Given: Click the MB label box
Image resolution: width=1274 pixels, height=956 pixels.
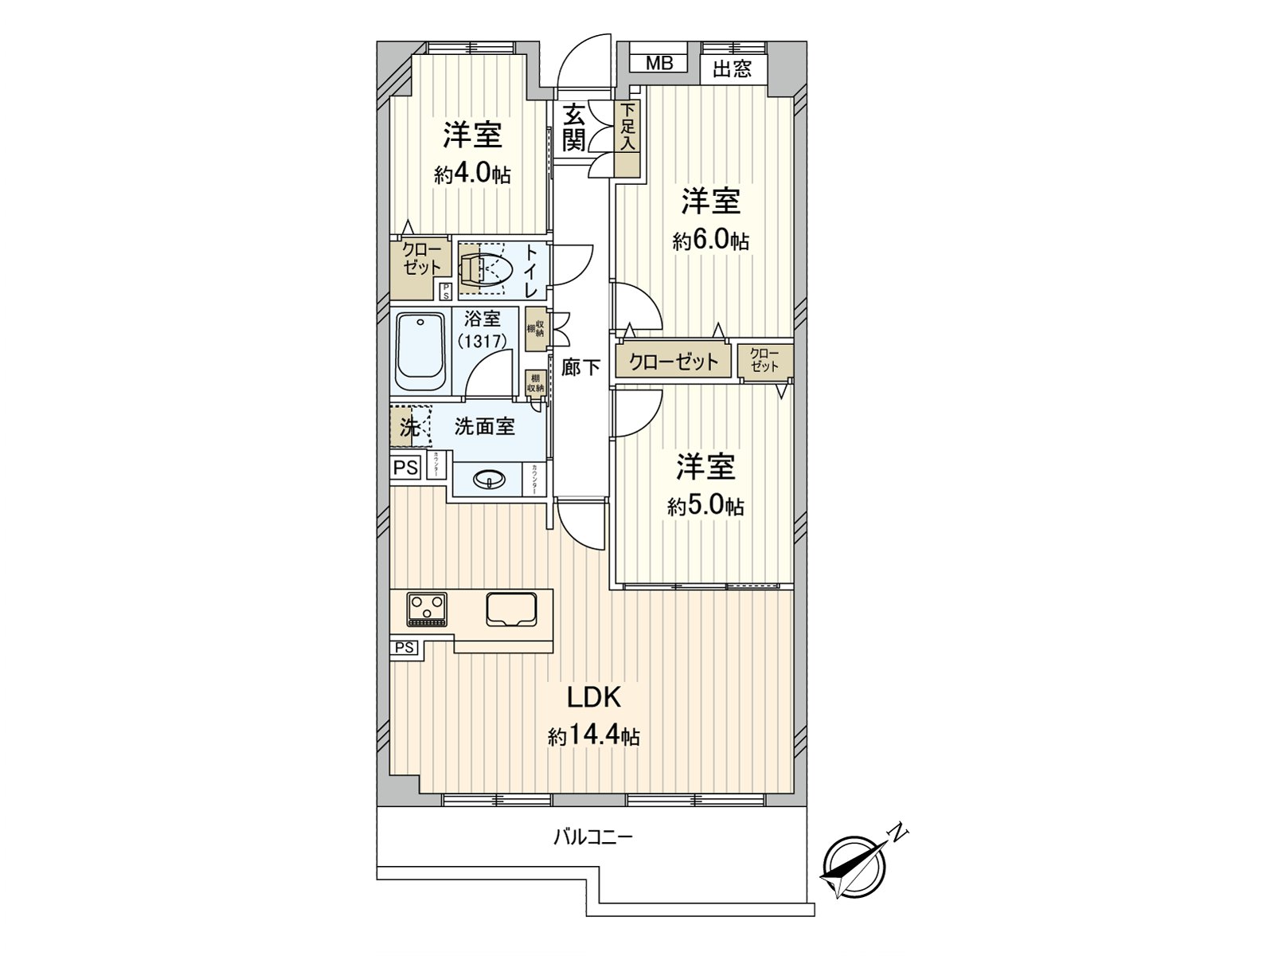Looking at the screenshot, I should [658, 63].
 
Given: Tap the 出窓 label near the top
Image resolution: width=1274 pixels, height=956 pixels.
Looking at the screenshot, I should [732, 69].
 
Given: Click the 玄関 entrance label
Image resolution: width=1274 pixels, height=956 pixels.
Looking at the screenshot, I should [574, 127].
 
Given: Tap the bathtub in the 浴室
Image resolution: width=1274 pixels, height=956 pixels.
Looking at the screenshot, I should [420, 351].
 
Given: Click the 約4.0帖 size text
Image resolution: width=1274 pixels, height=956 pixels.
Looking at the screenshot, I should [472, 174].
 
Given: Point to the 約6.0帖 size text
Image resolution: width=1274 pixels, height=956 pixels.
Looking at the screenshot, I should [710, 240].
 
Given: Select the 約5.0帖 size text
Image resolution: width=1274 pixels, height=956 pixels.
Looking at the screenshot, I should [705, 505].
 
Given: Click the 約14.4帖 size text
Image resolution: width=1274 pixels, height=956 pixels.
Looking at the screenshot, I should [593, 736].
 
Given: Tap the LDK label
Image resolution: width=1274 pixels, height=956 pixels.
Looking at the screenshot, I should [593, 698].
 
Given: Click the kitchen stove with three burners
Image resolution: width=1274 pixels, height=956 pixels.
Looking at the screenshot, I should [427, 609].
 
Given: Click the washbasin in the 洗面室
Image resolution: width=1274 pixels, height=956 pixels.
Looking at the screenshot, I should [488, 479].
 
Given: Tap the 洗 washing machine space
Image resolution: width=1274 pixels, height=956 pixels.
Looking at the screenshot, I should [408, 427].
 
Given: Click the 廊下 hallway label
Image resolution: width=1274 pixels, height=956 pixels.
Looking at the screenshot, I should [580, 367].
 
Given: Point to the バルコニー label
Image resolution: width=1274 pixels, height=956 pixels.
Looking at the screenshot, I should [593, 837].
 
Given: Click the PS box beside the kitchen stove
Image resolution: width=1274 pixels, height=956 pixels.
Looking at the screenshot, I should [404, 648].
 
